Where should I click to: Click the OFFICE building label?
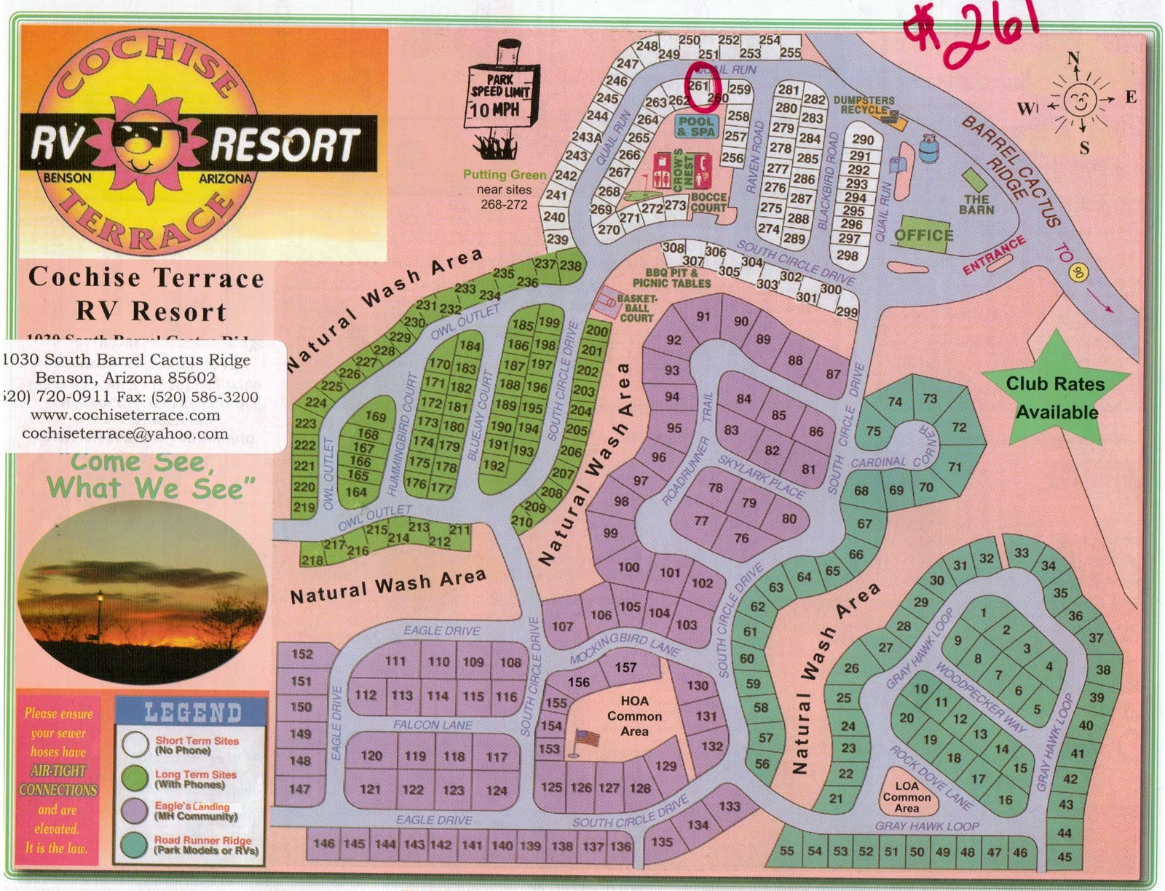tap(923, 234)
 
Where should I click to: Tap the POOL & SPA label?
tap(696, 127)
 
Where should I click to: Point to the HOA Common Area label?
tap(634, 716)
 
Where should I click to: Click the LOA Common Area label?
tap(907, 796)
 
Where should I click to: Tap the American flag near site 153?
tap(588, 739)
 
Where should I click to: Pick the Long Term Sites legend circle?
tap(135, 780)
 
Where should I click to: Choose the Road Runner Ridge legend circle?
tap(135, 844)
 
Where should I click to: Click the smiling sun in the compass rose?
tap(1078, 100)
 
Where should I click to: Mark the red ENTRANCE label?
tap(994, 255)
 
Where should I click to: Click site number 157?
tap(625, 667)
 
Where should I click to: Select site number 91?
tap(703, 316)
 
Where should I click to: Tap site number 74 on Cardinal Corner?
tap(894, 402)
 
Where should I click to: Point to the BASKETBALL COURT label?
tap(636, 308)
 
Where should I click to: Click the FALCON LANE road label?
tap(433, 725)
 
